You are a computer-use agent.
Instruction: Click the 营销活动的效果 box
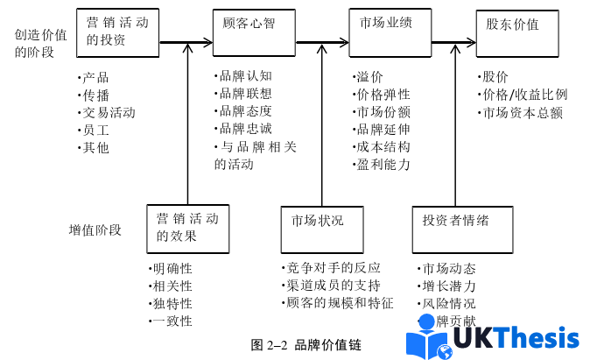(187, 227)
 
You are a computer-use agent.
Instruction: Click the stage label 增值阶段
(95, 230)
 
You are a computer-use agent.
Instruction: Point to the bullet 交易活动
(107, 112)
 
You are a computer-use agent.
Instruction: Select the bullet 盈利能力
(382, 164)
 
